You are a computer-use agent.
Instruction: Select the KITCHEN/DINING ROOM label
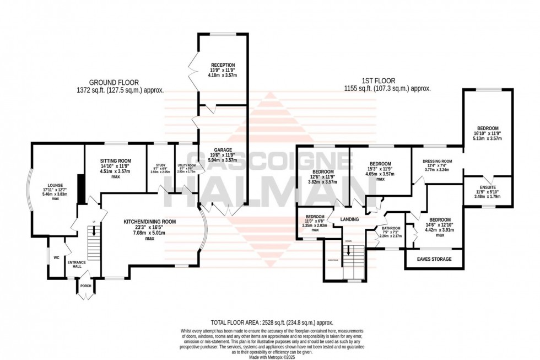tap(149, 222)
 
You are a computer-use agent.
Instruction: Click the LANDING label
tap(349, 219)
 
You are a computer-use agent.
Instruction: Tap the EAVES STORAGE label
tap(434, 259)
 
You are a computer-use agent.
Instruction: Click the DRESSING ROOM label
tap(437, 161)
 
